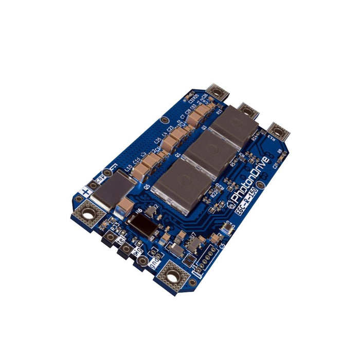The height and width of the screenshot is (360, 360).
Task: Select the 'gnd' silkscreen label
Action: pos(153,261)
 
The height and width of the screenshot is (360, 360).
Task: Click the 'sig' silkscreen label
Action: pos(136,251)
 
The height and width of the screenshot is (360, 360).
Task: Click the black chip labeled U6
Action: pos(140,224)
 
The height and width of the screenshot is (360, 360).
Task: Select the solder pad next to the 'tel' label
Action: pos(111,238)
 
